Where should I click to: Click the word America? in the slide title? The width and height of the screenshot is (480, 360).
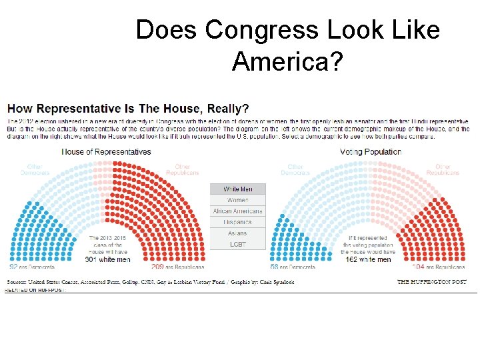coord(287,62)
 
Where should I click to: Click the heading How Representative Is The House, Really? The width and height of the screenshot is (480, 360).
coord(128,108)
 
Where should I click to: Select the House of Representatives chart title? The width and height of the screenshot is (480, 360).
coord(107,152)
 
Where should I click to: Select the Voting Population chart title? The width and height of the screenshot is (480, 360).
coord(370,152)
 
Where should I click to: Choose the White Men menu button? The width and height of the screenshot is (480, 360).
coord(238,189)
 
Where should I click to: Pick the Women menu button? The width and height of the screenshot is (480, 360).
coord(238,200)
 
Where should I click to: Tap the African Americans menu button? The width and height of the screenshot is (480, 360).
coord(238,211)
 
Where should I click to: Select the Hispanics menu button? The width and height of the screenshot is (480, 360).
coord(238,222)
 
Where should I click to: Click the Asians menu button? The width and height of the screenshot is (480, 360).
coord(238,233)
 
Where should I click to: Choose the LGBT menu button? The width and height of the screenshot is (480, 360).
coord(238,244)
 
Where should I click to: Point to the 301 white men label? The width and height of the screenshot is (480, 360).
coord(107,259)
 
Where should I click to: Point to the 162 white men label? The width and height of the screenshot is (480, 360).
coord(369,259)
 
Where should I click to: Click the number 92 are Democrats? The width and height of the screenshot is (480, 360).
coord(13,267)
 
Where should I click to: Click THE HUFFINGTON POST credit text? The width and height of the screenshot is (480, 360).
coord(433,282)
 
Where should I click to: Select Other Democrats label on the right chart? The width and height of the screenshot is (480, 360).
coord(295,169)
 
